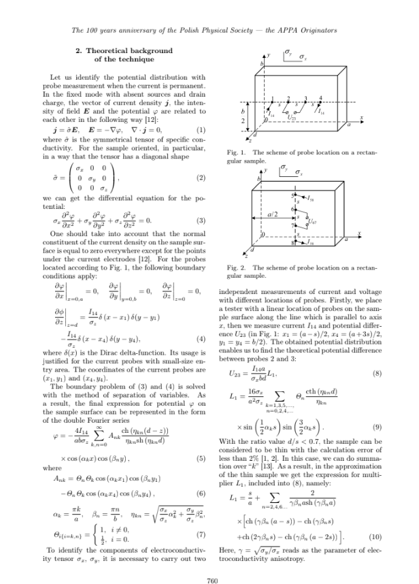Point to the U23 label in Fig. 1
click(x=292, y=118)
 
